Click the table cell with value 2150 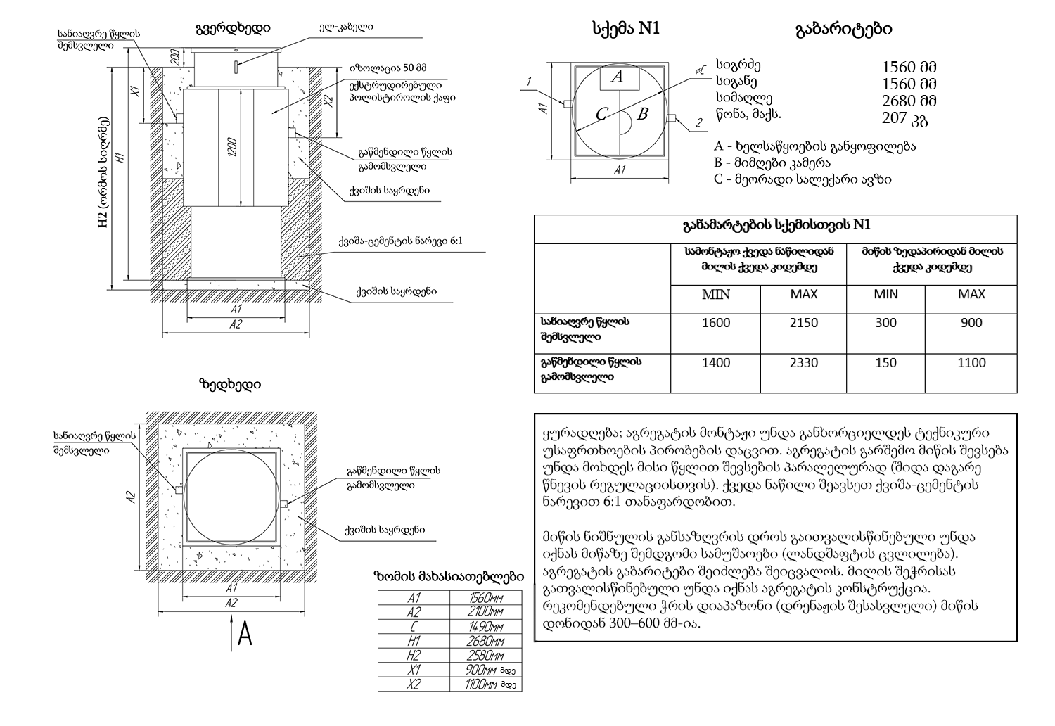tap(804, 323)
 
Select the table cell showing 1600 tap(716, 323)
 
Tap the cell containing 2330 tap(804, 363)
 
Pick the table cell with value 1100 tap(971, 363)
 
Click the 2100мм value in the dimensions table tap(485, 612)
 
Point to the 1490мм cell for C tap(485, 626)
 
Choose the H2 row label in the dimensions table tap(413, 655)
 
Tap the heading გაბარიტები tap(843, 29)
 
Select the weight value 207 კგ tap(904, 118)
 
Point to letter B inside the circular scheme tap(641, 113)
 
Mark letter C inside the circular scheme tap(601, 114)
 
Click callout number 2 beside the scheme tap(698, 124)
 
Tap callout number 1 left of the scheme tap(527, 82)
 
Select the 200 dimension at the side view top tap(174, 56)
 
